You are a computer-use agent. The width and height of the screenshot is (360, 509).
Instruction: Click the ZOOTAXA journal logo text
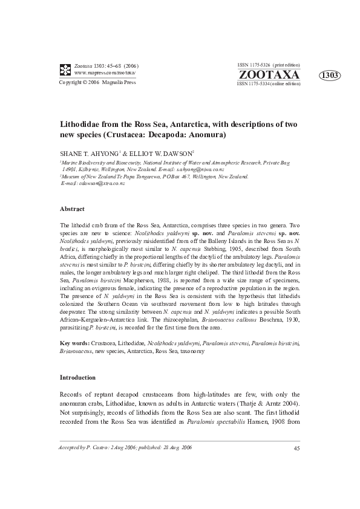(x=269, y=75)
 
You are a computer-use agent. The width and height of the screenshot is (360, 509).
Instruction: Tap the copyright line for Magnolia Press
(x=97, y=82)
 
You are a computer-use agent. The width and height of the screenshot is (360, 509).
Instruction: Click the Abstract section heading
(x=72, y=209)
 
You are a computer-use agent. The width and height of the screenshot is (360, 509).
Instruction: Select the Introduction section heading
(x=77, y=377)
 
